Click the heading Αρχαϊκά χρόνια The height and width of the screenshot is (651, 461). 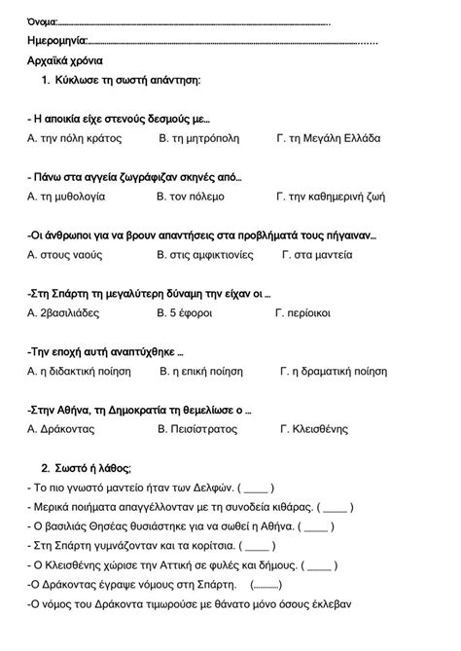(x=66, y=60)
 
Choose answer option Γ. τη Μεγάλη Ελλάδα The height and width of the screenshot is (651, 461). (x=328, y=139)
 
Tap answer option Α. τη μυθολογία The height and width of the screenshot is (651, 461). (x=67, y=197)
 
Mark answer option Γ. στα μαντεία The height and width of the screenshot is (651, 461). (x=317, y=255)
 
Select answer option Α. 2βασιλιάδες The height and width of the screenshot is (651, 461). (x=70, y=313)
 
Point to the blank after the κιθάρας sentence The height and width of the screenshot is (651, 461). (x=335, y=507)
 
